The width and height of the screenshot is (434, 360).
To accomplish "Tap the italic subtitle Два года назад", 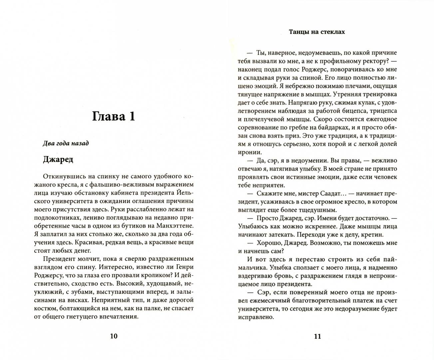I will coord(66,143).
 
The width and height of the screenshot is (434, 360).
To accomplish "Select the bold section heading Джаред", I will coord(58,159).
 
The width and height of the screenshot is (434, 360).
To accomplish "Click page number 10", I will coord(114,336).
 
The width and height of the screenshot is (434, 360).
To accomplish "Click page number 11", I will coord(317,336).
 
